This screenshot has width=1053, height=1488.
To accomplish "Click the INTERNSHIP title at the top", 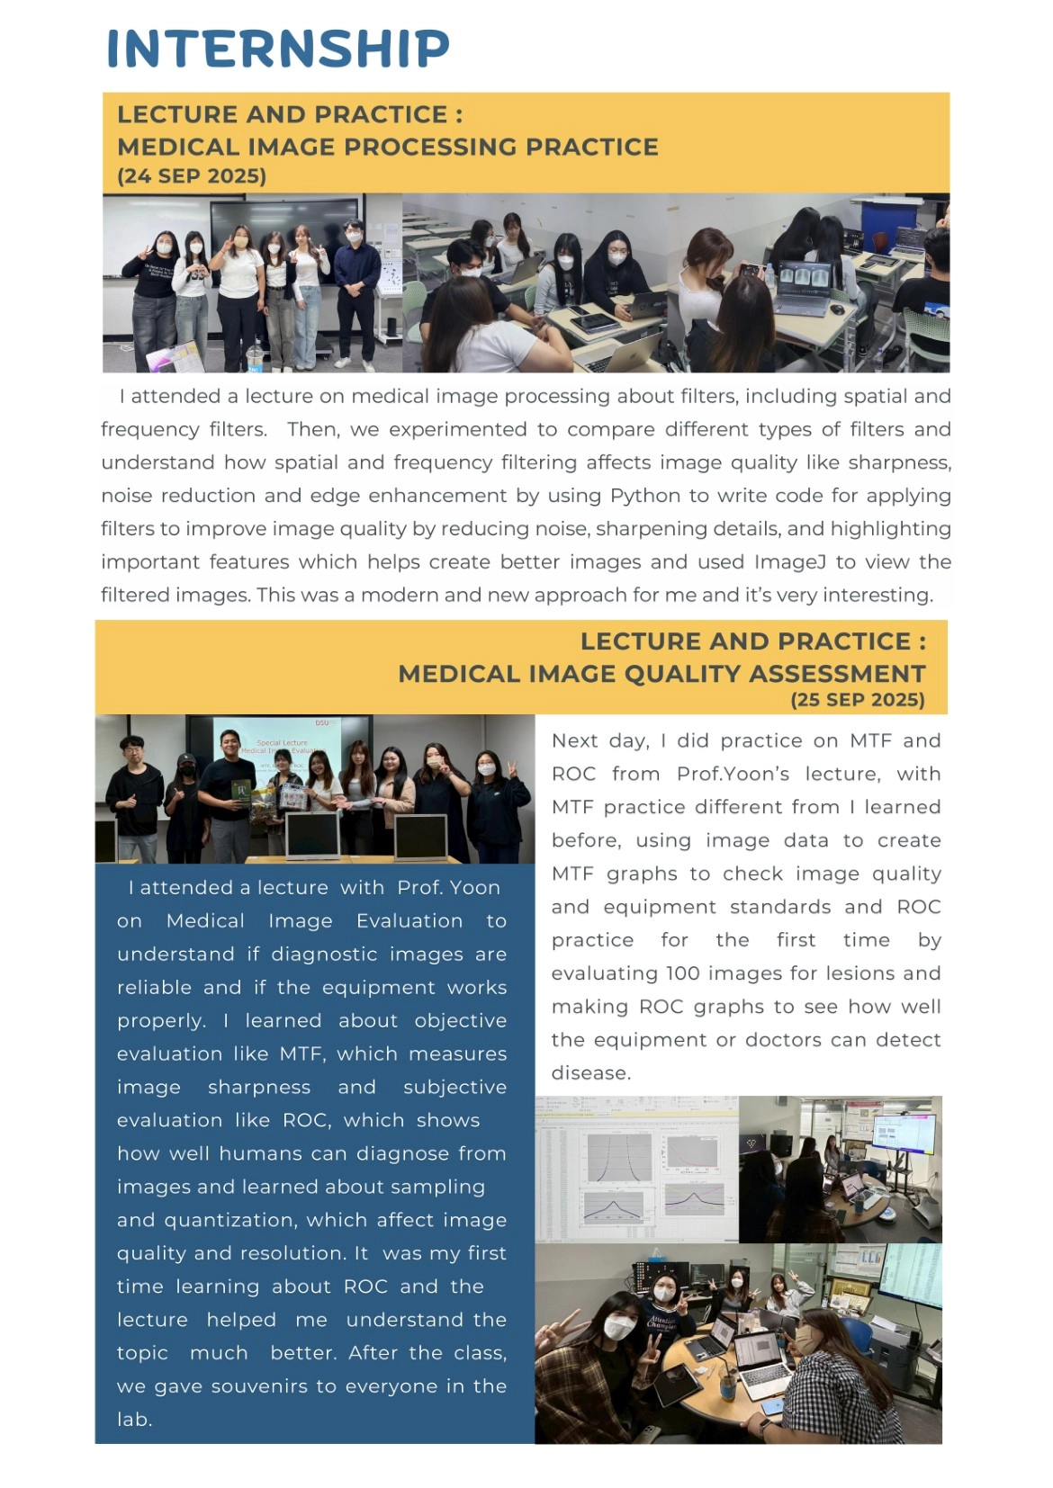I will [278, 49].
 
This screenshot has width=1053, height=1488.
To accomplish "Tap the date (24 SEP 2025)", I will [192, 176].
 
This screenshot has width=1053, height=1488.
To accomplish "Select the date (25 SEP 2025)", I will [858, 700].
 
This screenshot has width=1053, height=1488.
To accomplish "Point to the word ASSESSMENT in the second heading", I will [837, 674].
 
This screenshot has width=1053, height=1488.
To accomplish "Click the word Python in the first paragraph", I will [645, 497].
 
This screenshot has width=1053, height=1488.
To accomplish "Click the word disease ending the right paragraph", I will [590, 1073].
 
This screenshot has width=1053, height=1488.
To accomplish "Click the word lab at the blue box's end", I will [133, 1420].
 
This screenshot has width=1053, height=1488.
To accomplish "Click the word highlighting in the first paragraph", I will [890, 529].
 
